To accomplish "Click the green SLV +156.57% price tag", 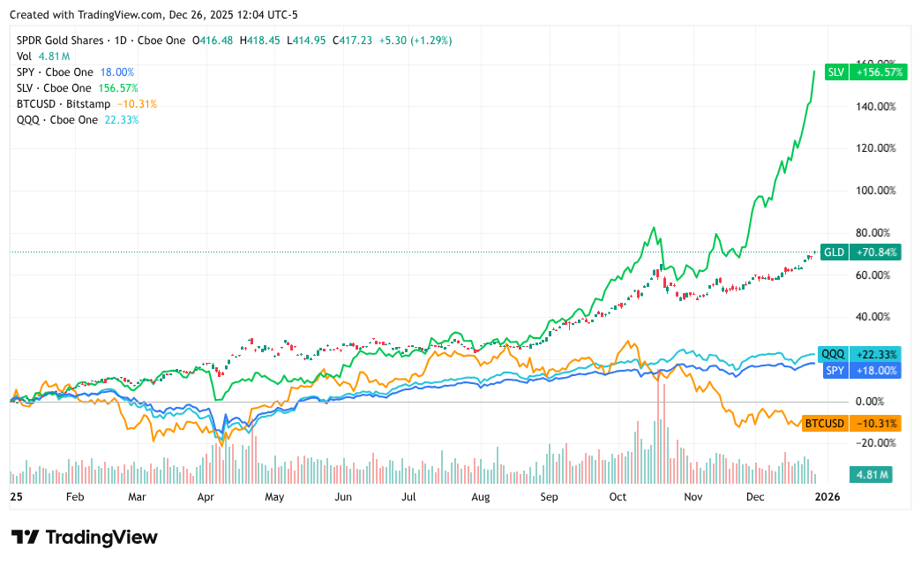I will click(865, 72).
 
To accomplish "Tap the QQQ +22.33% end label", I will click(860, 354).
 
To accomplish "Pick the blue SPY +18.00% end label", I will click(860, 371).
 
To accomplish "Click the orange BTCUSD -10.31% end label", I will click(851, 424).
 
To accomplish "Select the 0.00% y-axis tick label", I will click(874, 402).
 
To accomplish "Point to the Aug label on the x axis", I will click(481, 498).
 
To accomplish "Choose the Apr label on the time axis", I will click(206, 498).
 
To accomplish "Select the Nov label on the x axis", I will click(693, 498).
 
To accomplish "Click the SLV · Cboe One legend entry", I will click(54, 88).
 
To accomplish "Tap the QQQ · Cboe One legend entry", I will click(57, 120).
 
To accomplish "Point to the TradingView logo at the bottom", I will click(85, 538).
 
